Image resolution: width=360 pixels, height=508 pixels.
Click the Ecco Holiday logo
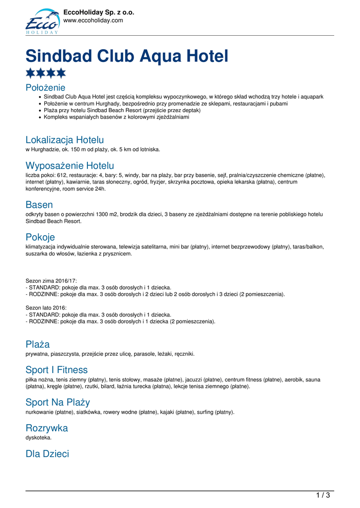click(x=42, y=21)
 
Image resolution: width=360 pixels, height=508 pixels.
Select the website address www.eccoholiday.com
click(x=93, y=20)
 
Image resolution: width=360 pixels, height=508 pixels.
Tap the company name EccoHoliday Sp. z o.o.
click(x=99, y=12)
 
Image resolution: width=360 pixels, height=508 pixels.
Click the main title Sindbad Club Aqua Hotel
click(x=127, y=56)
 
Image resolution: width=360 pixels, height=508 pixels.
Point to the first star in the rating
click(x=30, y=73)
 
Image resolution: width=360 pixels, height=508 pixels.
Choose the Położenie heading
click(x=45, y=87)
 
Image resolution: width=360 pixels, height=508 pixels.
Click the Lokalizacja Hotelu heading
click(x=65, y=140)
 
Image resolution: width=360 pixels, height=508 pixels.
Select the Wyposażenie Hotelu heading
click(x=70, y=165)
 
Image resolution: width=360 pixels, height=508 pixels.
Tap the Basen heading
click(x=39, y=204)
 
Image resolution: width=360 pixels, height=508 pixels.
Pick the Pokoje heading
click(x=40, y=237)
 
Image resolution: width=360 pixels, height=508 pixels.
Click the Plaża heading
click(x=37, y=344)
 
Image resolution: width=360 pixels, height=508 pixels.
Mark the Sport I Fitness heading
click(x=56, y=370)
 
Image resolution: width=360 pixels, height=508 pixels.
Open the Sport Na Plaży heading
click(x=58, y=402)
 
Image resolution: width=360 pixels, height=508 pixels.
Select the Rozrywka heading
click(x=47, y=428)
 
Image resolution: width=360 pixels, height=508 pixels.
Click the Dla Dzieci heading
click(x=47, y=453)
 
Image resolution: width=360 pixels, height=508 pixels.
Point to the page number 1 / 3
click(x=323, y=495)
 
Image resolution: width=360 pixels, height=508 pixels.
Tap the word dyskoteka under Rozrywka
click(x=38, y=438)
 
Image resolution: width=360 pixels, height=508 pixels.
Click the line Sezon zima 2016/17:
click(x=51, y=280)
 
